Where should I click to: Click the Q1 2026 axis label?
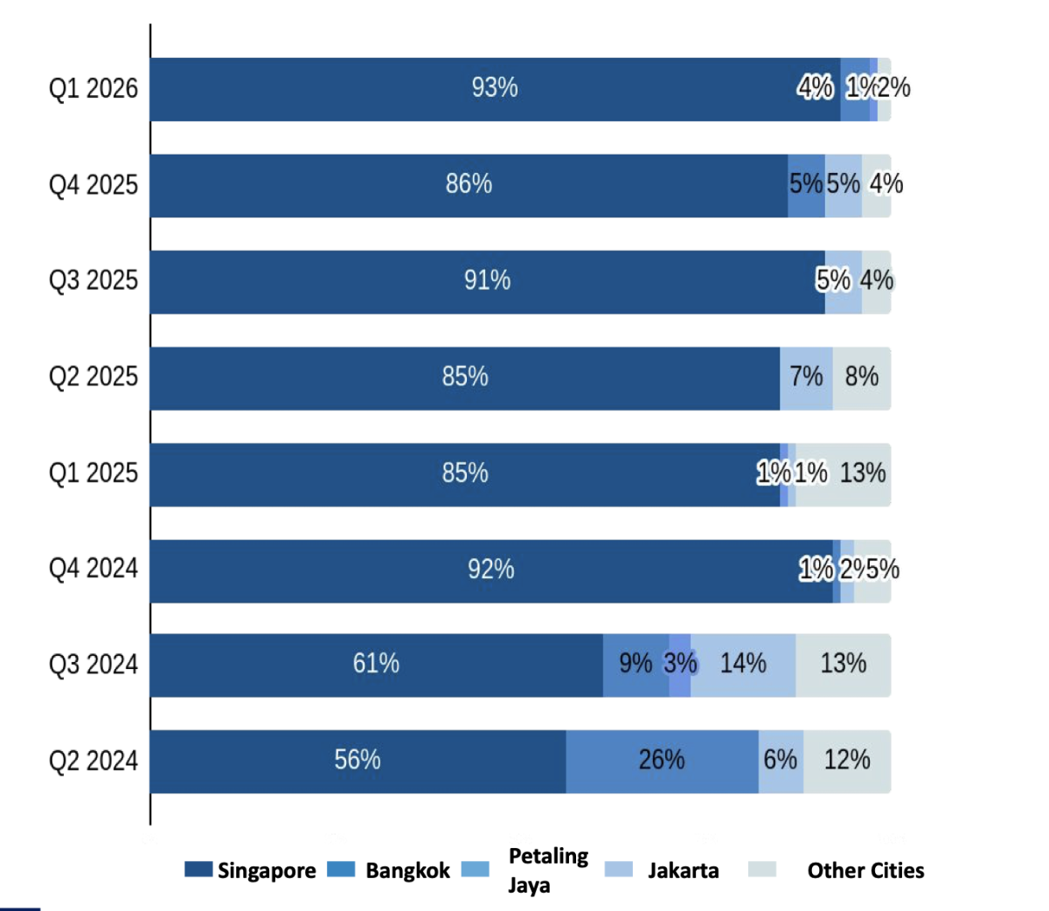point(93,88)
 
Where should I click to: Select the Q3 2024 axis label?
point(93,665)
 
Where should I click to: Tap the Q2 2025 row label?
point(93,376)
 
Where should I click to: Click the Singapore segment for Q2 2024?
point(358,761)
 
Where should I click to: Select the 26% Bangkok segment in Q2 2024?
point(662,761)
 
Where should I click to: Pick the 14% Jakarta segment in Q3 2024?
point(743,665)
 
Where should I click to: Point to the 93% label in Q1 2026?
point(495,88)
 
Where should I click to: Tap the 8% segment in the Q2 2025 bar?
point(862,377)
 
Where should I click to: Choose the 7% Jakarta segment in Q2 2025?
point(806,377)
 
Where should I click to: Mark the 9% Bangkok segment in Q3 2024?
point(636,665)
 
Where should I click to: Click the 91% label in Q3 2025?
point(487,280)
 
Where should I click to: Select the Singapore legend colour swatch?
point(198,870)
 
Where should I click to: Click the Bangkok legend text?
point(407,871)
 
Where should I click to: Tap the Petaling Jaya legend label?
point(548,870)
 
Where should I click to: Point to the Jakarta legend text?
point(683,871)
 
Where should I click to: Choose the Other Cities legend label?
point(865,871)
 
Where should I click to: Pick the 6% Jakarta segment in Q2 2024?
point(781,761)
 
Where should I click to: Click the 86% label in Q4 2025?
point(469,184)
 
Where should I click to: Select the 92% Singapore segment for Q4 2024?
point(490,570)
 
